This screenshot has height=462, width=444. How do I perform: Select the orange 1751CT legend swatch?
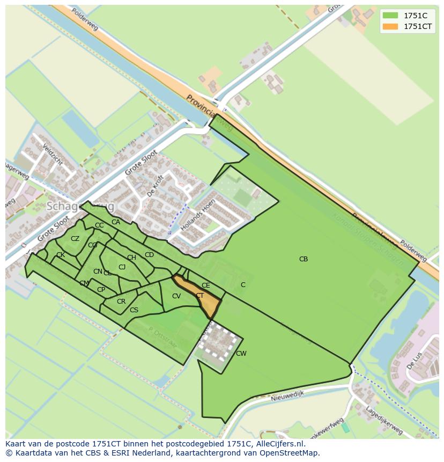coord(390,26)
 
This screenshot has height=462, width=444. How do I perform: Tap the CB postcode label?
coord(304,259)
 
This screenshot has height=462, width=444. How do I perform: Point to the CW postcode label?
coord(241,353)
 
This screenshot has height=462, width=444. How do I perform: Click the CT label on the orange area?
coord(199,296)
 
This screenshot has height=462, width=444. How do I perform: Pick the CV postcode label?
coord(176,296)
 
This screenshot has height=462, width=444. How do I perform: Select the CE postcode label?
coord(206,285)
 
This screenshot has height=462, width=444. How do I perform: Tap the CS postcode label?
coord(134,310)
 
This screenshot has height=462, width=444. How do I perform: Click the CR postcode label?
coord(121,302)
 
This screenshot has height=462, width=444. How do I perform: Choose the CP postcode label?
coord(101,290)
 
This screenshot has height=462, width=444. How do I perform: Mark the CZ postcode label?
coord(75,239)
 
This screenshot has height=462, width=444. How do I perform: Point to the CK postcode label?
coord(61,255)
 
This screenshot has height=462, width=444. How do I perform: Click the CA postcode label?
coord(116,222)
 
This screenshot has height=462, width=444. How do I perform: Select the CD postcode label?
coord(150,255)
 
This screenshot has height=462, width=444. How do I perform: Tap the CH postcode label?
coord(131,258)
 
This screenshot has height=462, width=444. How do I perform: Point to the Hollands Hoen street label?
coord(195,215)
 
